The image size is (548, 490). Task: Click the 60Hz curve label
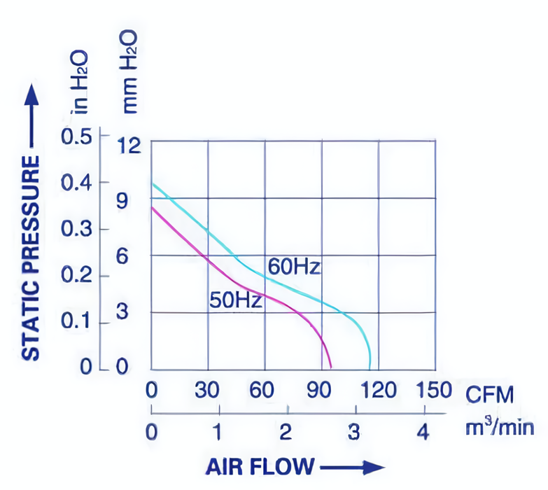(x=293, y=267)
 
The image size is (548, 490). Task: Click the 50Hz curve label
(x=235, y=301)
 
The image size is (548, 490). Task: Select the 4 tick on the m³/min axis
(x=422, y=432)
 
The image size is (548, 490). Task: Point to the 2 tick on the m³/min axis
(x=287, y=432)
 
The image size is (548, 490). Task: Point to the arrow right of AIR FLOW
(x=352, y=466)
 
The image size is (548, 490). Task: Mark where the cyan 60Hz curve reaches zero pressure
(x=370, y=368)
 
